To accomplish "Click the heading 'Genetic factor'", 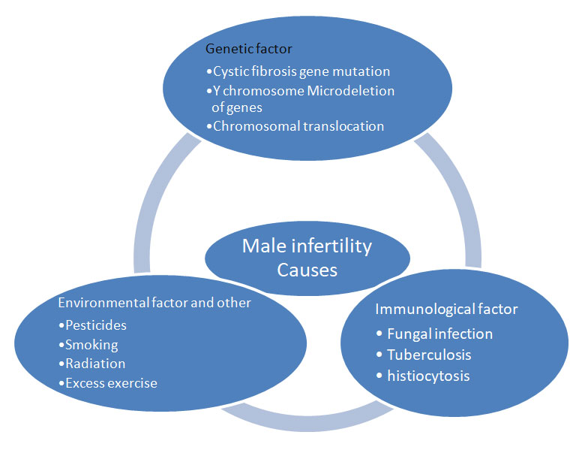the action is click(248, 49).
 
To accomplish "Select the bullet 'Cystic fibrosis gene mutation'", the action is click(298, 71).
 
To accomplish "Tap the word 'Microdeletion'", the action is click(351, 91).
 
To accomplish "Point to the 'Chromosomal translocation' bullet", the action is click(295, 126).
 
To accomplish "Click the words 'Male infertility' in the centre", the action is click(307, 246).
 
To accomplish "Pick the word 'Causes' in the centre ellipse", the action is click(307, 270).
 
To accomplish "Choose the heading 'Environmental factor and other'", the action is click(154, 302).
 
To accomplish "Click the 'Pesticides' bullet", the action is click(92, 325).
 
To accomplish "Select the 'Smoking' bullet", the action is click(88, 345).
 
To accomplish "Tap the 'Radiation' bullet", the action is click(92, 364).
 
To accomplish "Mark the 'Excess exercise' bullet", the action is click(108, 383).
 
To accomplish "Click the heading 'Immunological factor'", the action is click(446, 309).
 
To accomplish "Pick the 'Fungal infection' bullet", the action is click(435, 334).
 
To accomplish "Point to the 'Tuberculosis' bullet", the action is click(424, 355).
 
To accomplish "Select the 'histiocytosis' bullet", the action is click(423, 376).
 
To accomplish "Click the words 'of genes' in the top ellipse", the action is click(237, 107).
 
